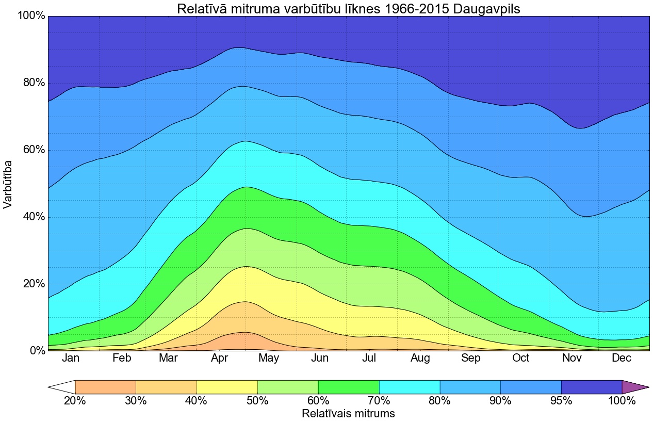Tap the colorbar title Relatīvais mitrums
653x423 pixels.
point(348,414)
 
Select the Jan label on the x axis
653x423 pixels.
point(71,359)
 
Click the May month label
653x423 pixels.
point(269,359)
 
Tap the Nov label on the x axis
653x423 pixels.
point(572,359)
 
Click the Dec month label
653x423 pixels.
point(622,359)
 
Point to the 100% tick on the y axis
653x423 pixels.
point(31,16)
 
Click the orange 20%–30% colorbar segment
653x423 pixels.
point(105,387)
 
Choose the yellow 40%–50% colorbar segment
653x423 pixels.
point(227,387)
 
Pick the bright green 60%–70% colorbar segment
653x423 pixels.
point(349,387)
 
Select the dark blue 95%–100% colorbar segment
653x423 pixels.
point(592,387)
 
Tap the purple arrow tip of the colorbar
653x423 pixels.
point(633,387)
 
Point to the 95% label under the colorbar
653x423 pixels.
point(561,401)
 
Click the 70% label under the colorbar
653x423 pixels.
point(379,401)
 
